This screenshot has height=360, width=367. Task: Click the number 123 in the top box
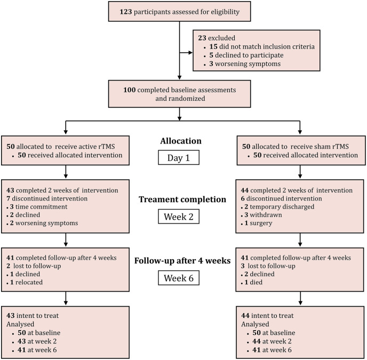pyautogui.click(x=126, y=12)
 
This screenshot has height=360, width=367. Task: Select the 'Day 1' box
pyautogui.click(x=179, y=157)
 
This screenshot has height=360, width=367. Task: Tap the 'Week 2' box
pyautogui.click(x=179, y=217)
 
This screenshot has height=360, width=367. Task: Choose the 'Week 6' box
pyautogui.click(x=179, y=278)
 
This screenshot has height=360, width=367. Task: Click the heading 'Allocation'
pyautogui.click(x=181, y=141)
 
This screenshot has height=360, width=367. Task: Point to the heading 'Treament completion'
pyautogui.click(x=182, y=199)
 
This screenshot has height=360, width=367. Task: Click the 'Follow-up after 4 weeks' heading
pyautogui.click(x=182, y=260)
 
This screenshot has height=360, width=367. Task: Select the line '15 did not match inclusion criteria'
pyautogui.click(x=262, y=46)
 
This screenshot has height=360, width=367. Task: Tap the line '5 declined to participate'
pyautogui.click(x=246, y=55)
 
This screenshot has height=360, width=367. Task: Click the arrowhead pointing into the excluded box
pyautogui.click(x=190, y=53)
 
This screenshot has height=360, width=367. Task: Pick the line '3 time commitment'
pyautogui.click(x=38, y=207)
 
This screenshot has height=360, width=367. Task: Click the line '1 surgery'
pyautogui.click(x=258, y=223)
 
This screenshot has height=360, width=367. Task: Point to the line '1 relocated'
pyautogui.click(x=26, y=282)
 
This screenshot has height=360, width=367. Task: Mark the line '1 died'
pyautogui.click(x=253, y=282)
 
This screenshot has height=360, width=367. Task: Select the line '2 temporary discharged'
pyautogui.click(x=280, y=207)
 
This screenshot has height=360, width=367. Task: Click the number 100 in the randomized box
pyautogui.click(x=130, y=90)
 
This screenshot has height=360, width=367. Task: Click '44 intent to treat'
pyautogui.click(x=267, y=316)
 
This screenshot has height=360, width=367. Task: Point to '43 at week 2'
pyautogui.click(x=37, y=341)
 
